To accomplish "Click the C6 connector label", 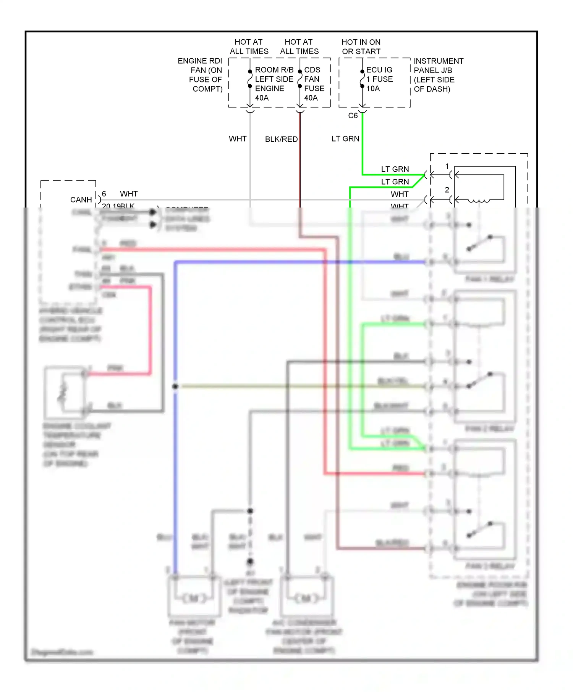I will pos(353,116).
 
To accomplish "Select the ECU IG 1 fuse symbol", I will pos(362,79).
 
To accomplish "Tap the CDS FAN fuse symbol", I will pos(300,79).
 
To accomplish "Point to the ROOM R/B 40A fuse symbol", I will pos(250,79).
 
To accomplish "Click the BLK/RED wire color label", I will pos(281,139).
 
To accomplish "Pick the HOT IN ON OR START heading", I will pos(361,47).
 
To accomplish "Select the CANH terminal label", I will pos(81,200).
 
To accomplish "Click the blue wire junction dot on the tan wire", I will pos(175,386).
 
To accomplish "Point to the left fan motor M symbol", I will pos(194,598).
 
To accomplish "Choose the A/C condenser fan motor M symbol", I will pos(307,598).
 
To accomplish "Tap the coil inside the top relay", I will pos(479,201).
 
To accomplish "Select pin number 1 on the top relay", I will pos(447,166).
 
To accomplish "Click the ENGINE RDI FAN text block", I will pos(200,75).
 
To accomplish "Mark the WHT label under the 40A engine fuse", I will pos(238,139).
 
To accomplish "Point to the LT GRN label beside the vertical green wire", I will pos(345,139).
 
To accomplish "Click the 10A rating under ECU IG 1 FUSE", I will pos(373,89).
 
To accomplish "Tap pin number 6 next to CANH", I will pos(104,194).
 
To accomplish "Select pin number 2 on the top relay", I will pos(447,190).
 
